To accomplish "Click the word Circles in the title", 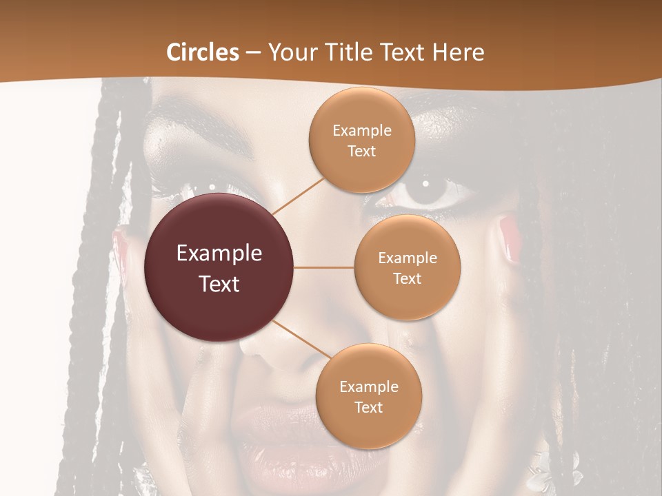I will click(203, 52).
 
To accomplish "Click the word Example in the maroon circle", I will click(219, 254).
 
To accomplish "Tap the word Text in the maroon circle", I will click(219, 284).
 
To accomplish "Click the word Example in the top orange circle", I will click(361, 131).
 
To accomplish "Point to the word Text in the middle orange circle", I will click(407, 279).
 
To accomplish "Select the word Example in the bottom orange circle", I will click(368, 386).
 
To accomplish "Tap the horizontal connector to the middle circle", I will click(324, 267).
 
